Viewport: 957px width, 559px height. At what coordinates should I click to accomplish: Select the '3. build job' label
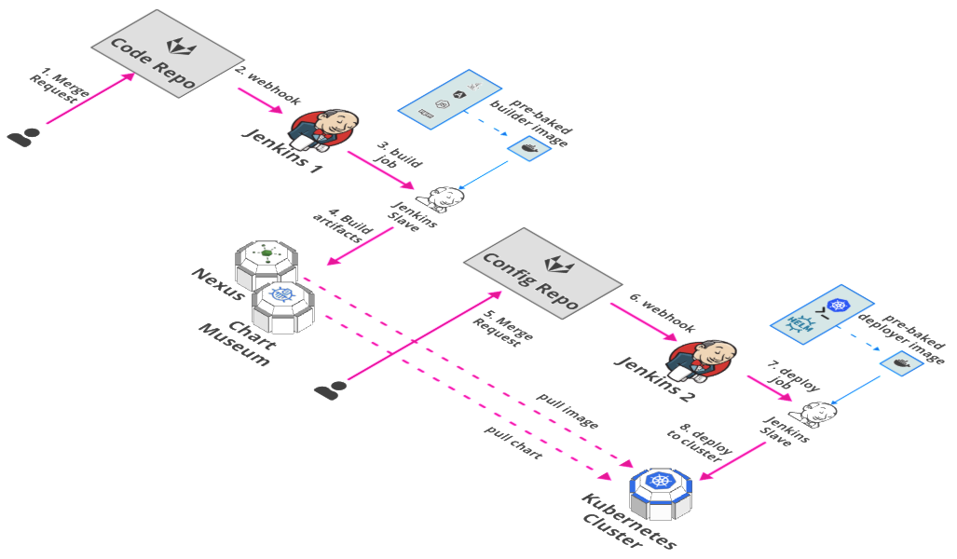click(x=390, y=158)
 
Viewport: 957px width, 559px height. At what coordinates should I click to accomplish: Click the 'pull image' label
click(x=567, y=413)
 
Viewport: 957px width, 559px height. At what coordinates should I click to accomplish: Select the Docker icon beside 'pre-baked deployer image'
click(x=901, y=364)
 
